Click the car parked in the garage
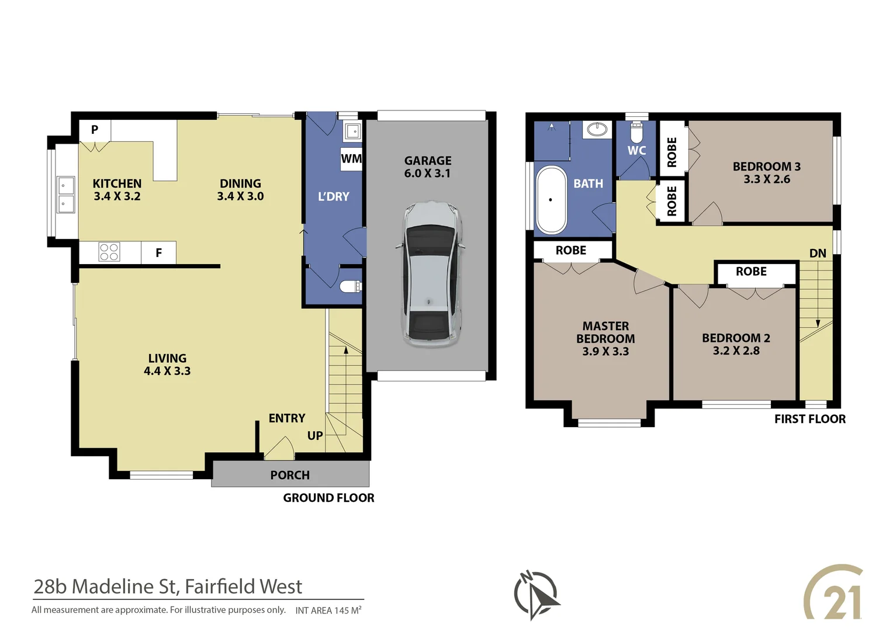[431, 275]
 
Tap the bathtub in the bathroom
[551, 200]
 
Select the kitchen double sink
[65, 195]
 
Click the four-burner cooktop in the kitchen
[109, 252]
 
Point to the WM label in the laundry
[351, 159]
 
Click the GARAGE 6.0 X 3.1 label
[428, 167]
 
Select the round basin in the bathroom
[597, 129]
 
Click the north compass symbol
[536, 594]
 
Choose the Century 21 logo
[834, 593]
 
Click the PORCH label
[290, 475]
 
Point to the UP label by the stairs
[315, 436]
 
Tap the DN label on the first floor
[818, 254]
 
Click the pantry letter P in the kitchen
[95, 130]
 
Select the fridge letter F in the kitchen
[158, 253]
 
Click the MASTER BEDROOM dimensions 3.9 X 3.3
[605, 352]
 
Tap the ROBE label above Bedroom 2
[751, 272]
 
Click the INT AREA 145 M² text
[328, 611]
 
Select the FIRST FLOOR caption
[809, 419]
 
